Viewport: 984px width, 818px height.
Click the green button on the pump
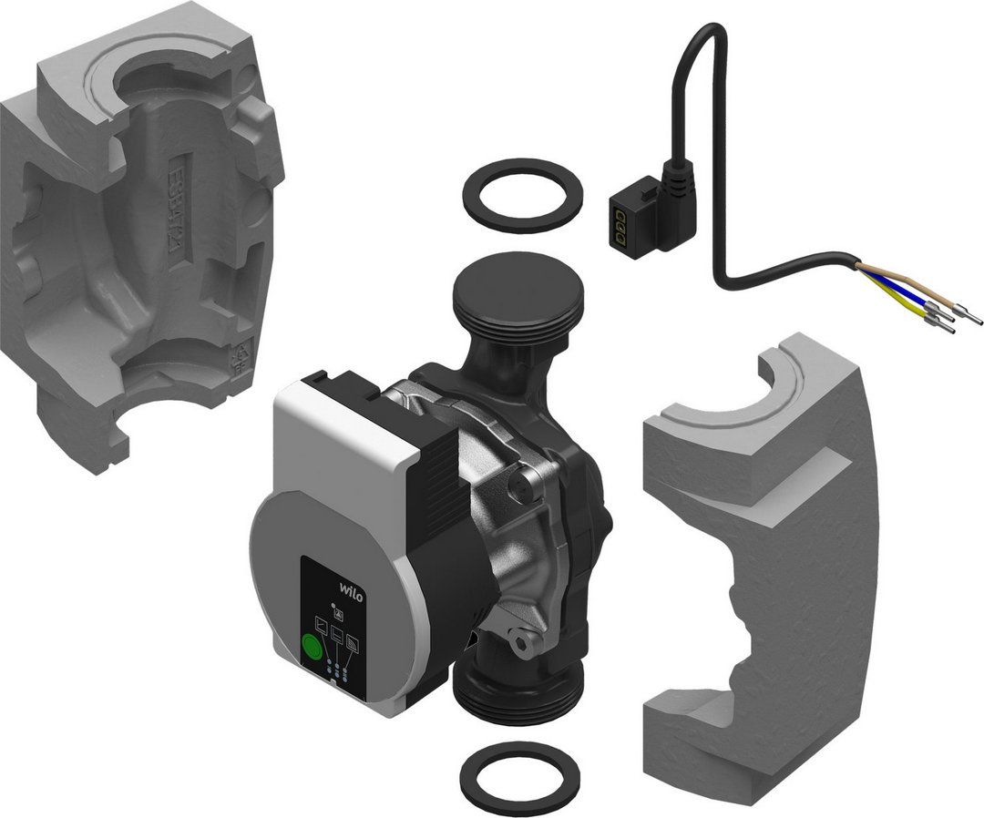tap(312, 649)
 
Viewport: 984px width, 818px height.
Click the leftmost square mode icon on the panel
tap(321, 626)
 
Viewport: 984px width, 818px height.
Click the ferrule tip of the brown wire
tap(974, 321)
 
